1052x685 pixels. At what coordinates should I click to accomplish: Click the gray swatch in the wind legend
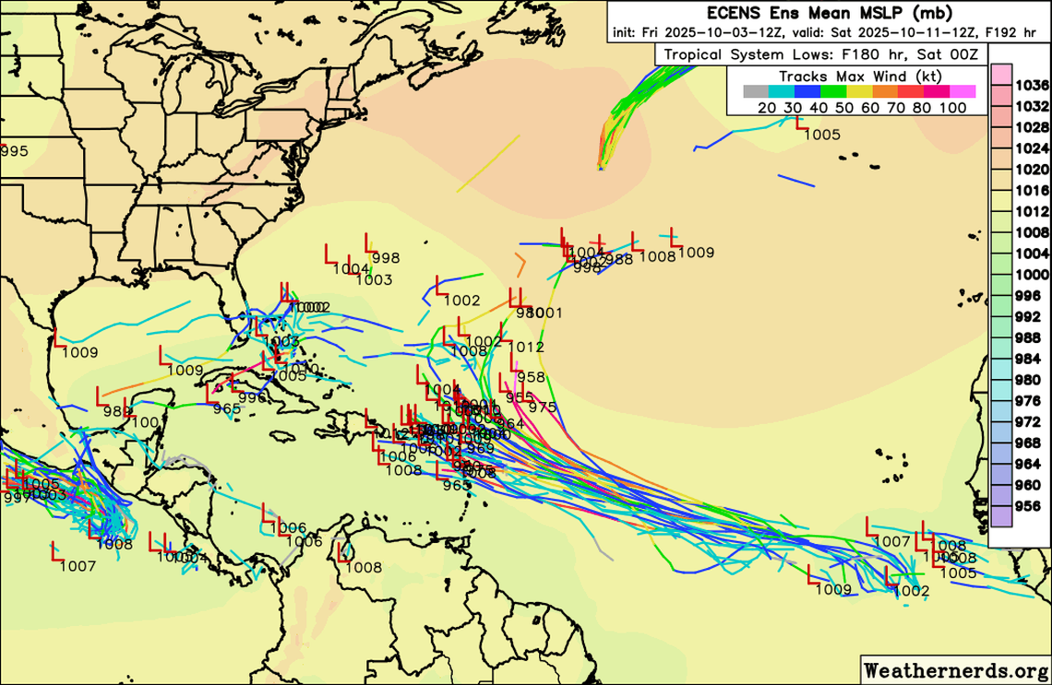pos(755,91)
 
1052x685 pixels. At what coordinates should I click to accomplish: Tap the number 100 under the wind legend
pos(954,108)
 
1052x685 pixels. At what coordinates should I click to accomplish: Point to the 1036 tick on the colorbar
pos(1031,85)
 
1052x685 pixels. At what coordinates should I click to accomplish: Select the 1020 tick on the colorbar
pos(1031,169)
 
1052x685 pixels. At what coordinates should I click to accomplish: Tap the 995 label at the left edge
pos(14,151)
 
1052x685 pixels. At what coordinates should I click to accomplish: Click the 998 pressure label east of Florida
pos(386,258)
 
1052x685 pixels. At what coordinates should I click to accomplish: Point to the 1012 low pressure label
pos(526,348)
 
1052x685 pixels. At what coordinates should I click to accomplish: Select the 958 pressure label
pos(531,377)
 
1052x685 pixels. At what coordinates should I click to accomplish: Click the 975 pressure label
pos(542,407)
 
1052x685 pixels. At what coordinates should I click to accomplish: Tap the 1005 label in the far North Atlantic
pos(822,135)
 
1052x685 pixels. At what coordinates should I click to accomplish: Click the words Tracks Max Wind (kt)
pos(860,77)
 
